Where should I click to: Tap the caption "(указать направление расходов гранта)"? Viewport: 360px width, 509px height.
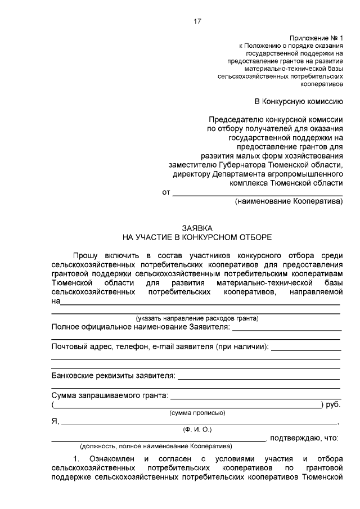coord(196,318)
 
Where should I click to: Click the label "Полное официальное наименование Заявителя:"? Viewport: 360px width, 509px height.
coord(140,327)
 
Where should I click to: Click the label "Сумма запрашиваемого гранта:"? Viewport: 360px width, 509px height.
coord(110,395)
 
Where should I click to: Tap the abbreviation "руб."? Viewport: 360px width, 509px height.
coord(333,404)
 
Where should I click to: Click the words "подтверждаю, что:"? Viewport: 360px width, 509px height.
coord(304,438)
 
